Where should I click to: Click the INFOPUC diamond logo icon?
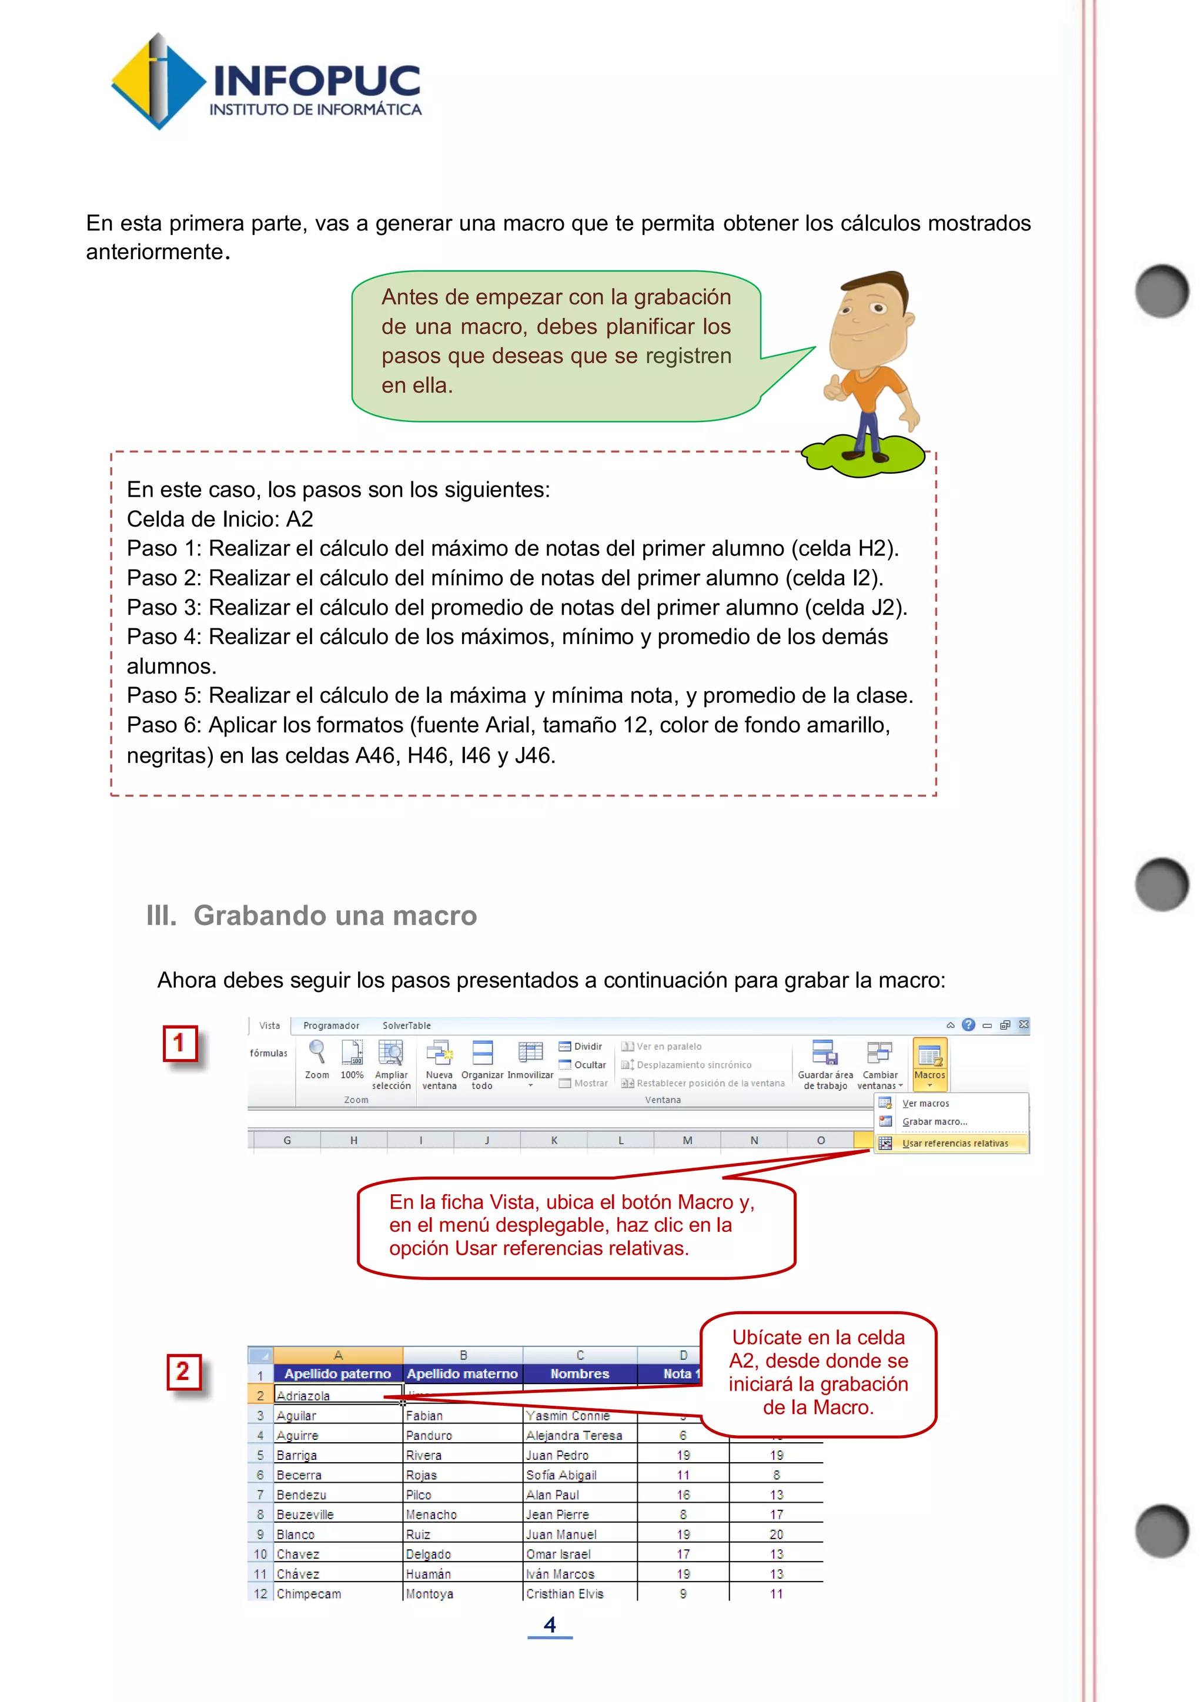[158, 82]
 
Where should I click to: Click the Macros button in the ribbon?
[929, 1062]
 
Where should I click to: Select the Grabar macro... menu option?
[934, 1121]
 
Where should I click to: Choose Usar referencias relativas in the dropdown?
[954, 1143]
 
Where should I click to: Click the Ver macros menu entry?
[925, 1103]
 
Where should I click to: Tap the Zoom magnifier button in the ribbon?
[316, 1060]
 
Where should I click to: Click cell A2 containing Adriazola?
[337, 1395]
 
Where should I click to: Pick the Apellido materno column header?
[462, 1373]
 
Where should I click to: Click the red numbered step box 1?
[180, 1044]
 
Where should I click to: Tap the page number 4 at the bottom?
[549, 1624]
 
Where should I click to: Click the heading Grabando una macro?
[335, 916]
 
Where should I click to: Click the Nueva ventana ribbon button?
[439, 1064]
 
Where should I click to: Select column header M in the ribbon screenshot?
[687, 1140]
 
